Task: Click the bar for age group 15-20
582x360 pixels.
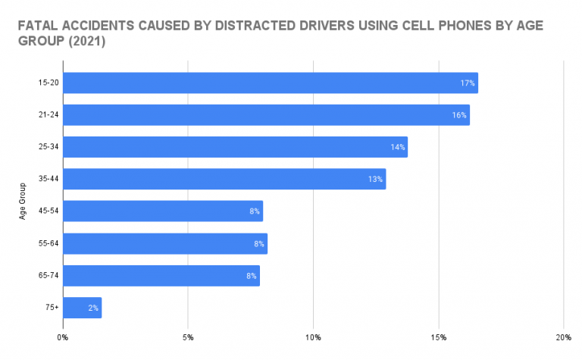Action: [x=270, y=83]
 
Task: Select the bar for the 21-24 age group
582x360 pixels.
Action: [x=266, y=115]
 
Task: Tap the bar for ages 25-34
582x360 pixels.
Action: [x=235, y=147]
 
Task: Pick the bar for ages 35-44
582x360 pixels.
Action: [x=224, y=179]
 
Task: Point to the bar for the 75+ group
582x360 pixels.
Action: [x=82, y=308]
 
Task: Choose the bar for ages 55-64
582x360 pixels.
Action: [x=164, y=243]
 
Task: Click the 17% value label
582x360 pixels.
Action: [x=467, y=83]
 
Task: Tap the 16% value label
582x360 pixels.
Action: [x=459, y=115]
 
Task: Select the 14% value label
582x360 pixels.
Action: [x=397, y=147]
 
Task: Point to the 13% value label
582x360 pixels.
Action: [x=375, y=180]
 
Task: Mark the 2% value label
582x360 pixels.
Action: [x=92, y=308]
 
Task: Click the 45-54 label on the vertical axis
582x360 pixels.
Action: [x=49, y=211]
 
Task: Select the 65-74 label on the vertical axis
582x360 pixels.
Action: [x=49, y=276]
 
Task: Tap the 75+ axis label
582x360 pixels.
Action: [x=52, y=308]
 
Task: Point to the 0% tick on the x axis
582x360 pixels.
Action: [x=63, y=337]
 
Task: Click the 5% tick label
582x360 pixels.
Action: [x=189, y=337]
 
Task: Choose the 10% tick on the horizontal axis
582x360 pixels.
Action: [x=313, y=337]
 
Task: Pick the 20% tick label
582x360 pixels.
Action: [x=564, y=337]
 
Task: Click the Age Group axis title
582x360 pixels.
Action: [x=23, y=201]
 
